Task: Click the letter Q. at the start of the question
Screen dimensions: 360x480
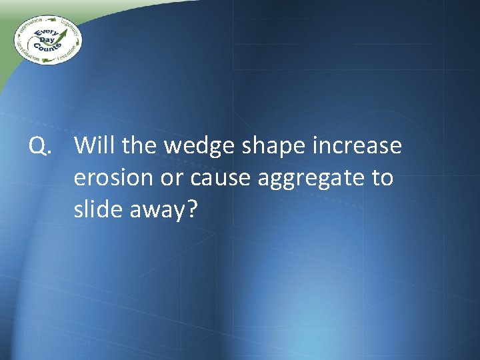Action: point(39,146)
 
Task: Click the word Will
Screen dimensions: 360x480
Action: point(95,145)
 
